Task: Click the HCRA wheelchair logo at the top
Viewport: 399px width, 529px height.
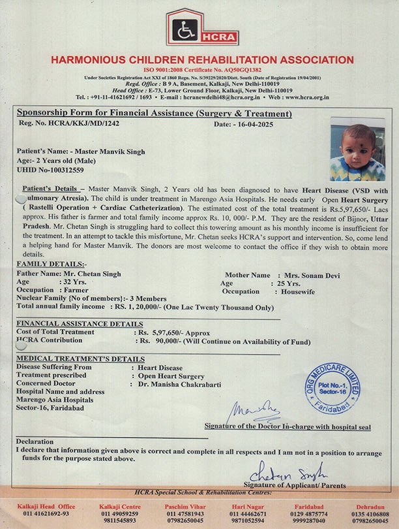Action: [x=193, y=27]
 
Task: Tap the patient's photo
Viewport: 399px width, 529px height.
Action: [x=357, y=149]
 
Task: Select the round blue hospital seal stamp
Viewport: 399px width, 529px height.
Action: [x=332, y=389]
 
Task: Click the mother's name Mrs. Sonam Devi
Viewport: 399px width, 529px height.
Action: [x=311, y=275]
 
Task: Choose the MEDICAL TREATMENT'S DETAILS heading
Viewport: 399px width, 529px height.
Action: [x=80, y=359]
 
